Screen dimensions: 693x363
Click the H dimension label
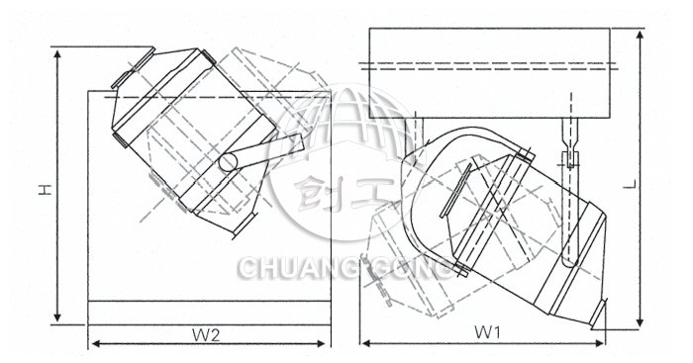point(46,190)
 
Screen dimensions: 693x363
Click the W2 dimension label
point(206,336)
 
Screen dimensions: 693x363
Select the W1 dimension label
point(487,332)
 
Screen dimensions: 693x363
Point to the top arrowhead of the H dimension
point(57,54)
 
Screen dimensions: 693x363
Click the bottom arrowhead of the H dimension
point(57,317)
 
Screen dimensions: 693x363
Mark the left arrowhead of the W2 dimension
point(95,343)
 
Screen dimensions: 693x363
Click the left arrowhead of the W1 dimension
point(366,342)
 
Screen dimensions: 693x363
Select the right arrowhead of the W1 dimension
point(598,342)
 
